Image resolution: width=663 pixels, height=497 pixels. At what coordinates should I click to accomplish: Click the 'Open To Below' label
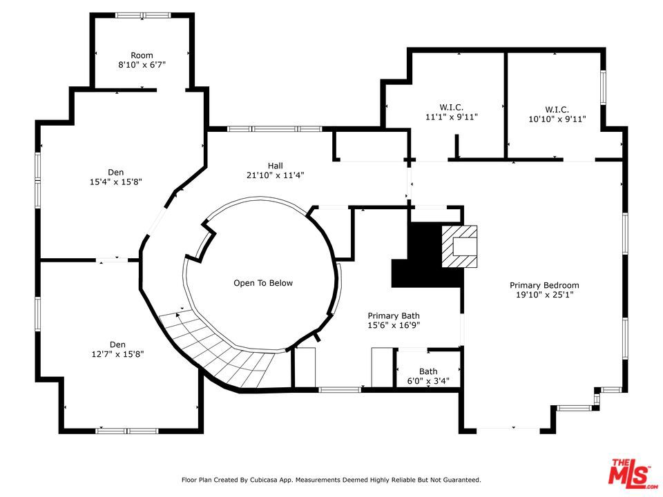click(263, 283)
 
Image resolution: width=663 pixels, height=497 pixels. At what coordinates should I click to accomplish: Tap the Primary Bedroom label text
click(544, 285)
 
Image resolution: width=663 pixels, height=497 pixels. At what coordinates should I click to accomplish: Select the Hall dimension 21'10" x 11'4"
click(276, 175)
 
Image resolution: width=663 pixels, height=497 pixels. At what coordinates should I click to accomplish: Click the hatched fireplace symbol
click(460, 246)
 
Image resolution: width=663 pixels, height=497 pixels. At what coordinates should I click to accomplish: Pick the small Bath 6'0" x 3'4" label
click(428, 376)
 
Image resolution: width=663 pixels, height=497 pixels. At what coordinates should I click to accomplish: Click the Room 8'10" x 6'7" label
click(142, 60)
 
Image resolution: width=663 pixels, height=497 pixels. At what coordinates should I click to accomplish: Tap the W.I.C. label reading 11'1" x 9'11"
click(452, 113)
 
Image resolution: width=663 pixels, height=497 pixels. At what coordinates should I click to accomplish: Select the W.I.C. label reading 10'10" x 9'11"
click(557, 115)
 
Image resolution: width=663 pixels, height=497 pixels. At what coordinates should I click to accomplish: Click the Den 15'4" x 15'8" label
click(116, 177)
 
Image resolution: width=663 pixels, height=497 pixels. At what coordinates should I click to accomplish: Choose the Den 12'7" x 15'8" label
click(117, 349)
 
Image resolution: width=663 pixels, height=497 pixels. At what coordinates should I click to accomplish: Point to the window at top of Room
click(144, 15)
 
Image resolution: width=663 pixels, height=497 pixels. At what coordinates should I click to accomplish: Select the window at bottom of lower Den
click(127, 431)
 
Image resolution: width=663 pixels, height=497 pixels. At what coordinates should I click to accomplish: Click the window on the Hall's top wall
click(275, 129)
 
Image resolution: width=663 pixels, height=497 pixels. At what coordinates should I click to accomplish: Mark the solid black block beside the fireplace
click(427, 255)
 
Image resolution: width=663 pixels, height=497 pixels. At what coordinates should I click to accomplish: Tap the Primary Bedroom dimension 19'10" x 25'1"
click(544, 295)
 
